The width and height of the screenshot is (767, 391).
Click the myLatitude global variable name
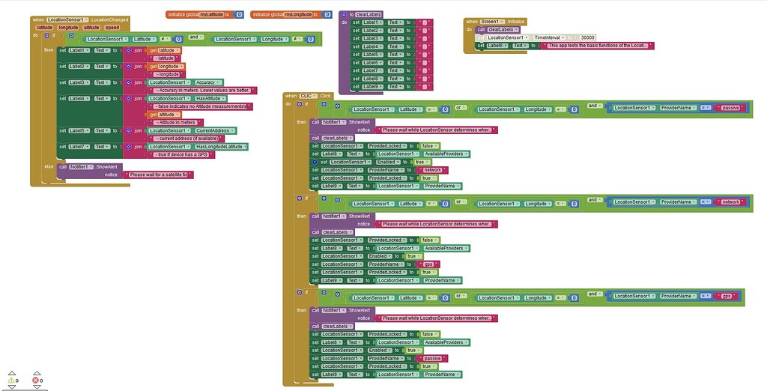(213, 14)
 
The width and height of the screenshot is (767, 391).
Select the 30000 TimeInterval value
(587, 37)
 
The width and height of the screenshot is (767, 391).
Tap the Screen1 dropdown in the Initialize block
(493, 22)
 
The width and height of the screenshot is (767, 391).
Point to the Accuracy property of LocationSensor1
(206, 82)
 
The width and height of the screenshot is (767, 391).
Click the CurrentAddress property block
(211, 130)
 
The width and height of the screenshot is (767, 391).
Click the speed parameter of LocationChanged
(112, 27)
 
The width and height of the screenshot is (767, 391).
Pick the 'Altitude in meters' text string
(177, 122)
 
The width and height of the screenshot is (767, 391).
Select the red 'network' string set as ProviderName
(434, 170)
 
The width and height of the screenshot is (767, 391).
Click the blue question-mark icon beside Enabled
(315, 162)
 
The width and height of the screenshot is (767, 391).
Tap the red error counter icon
(35, 380)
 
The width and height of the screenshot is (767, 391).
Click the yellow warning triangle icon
(10, 380)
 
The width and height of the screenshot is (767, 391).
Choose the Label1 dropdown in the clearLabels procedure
(372, 22)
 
